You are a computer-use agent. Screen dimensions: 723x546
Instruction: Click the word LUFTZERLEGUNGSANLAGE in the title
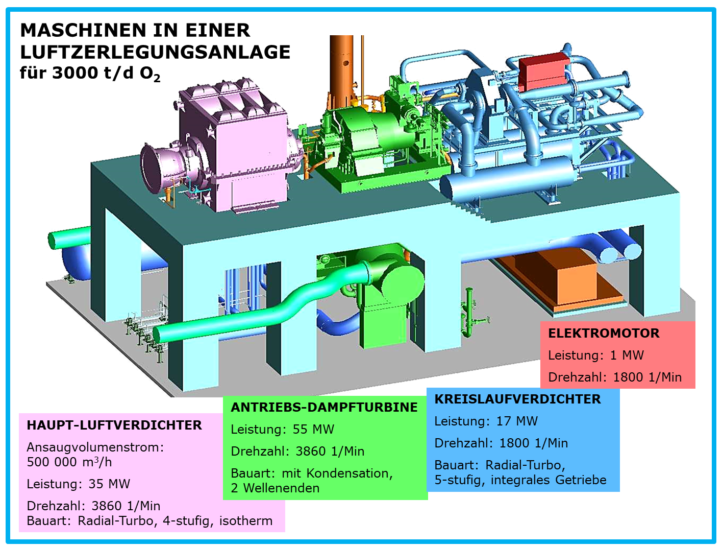[x=155, y=52]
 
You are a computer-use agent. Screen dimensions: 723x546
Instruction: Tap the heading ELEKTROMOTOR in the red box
[x=604, y=334]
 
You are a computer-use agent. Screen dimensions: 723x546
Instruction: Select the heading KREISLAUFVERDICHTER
[x=517, y=399]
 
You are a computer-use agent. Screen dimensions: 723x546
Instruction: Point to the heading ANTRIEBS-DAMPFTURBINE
[x=324, y=408]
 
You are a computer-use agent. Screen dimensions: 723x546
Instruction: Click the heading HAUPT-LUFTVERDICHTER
[x=114, y=425]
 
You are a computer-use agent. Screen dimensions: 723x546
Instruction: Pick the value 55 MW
[x=314, y=429]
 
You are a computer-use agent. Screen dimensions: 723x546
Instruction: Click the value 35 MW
[x=109, y=484]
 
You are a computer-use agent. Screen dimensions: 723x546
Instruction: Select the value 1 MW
[x=627, y=355]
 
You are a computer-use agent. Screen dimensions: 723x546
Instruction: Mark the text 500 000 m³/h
[x=69, y=462]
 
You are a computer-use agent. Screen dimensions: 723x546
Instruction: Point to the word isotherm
[x=246, y=521]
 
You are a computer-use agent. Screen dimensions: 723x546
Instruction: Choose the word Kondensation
[x=350, y=473]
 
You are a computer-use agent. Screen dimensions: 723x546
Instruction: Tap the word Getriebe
[x=581, y=480]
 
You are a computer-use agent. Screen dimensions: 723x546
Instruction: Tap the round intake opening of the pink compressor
[x=155, y=167]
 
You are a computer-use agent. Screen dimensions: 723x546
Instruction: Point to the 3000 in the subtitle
[x=76, y=73]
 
